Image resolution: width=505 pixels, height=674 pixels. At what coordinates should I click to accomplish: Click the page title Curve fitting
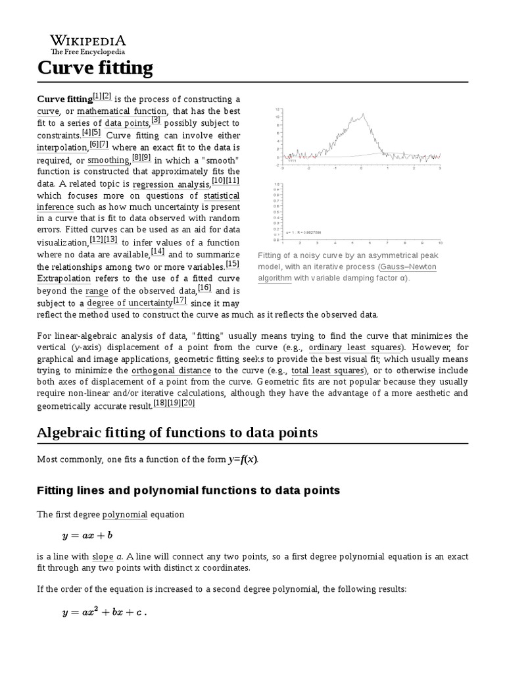pos(95,67)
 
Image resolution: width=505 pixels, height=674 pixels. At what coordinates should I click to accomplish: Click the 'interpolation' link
pos(62,147)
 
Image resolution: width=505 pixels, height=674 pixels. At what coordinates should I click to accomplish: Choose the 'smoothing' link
pos(108,160)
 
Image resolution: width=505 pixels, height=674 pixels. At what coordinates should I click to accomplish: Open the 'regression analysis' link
pos(170,184)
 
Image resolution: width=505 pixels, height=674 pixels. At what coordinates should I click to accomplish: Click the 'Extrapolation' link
pos(64,278)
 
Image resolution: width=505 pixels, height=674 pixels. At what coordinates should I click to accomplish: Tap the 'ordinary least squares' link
pos(355,347)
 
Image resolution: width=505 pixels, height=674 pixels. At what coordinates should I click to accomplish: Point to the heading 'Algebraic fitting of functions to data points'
pos(177,432)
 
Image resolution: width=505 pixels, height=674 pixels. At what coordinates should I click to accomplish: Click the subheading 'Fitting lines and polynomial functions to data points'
pos(188,490)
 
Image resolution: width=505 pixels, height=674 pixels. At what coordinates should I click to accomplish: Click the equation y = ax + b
pos(87,536)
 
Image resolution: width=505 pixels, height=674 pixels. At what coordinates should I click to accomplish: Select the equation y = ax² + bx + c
pos(103,612)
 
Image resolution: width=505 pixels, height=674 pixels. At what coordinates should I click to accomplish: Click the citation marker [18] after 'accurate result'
pos(160,403)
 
